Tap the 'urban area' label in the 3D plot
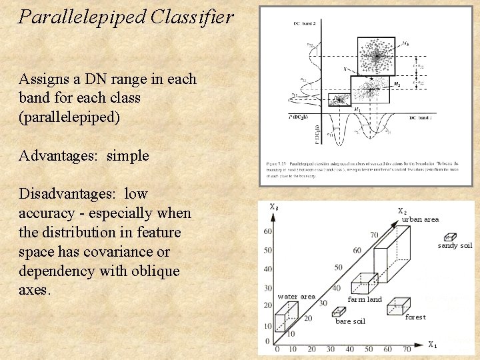(420, 219)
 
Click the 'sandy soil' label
(455, 246)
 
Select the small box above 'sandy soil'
(450, 236)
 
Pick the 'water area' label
(296, 297)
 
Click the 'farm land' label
(365, 299)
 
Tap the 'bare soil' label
(350, 321)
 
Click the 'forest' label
(415, 317)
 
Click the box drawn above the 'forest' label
(397, 306)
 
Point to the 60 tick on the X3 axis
(268, 231)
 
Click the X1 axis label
(433, 345)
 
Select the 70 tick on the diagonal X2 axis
(374, 235)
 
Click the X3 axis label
(274, 207)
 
